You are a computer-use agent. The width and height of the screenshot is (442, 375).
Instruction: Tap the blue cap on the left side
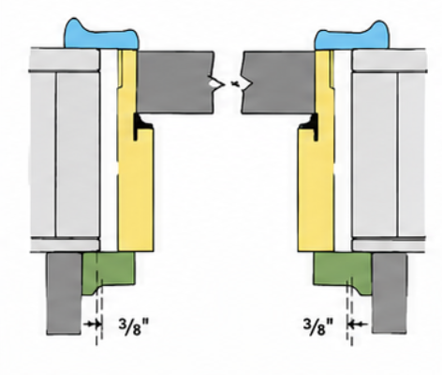(101, 36)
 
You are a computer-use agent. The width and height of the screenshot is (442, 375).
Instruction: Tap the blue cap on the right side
(353, 36)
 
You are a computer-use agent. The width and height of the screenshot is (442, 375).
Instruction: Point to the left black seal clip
(140, 126)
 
